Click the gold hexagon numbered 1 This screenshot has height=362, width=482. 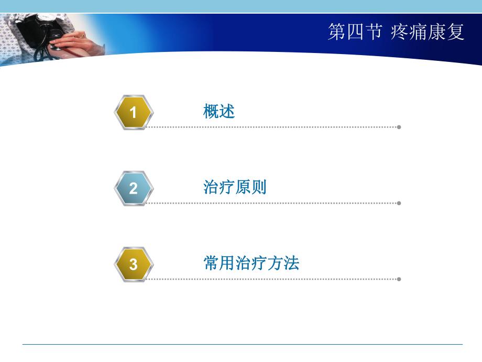[x=134, y=112]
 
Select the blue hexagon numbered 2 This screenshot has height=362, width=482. [x=134, y=188]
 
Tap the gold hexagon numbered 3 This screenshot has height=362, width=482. [x=134, y=264]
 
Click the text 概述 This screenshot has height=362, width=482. [x=219, y=111]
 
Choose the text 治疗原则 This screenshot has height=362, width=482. [x=235, y=187]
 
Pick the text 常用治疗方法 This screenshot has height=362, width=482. [x=251, y=263]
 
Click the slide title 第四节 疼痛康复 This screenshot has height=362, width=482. [x=396, y=32]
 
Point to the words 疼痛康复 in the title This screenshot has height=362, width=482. [x=428, y=32]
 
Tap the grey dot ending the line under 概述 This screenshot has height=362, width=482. [x=399, y=127]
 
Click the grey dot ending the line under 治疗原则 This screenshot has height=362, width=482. [x=399, y=203]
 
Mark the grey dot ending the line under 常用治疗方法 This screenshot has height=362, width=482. [x=399, y=279]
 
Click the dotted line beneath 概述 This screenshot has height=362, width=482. [x=272, y=127]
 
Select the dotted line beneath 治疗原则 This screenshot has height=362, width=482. [x=272, y=203]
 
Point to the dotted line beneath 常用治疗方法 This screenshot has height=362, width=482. [x=272, y=279]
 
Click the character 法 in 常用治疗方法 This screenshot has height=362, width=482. [x=291, y=263]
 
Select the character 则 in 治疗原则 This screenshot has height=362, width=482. [x=259, y=187]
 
